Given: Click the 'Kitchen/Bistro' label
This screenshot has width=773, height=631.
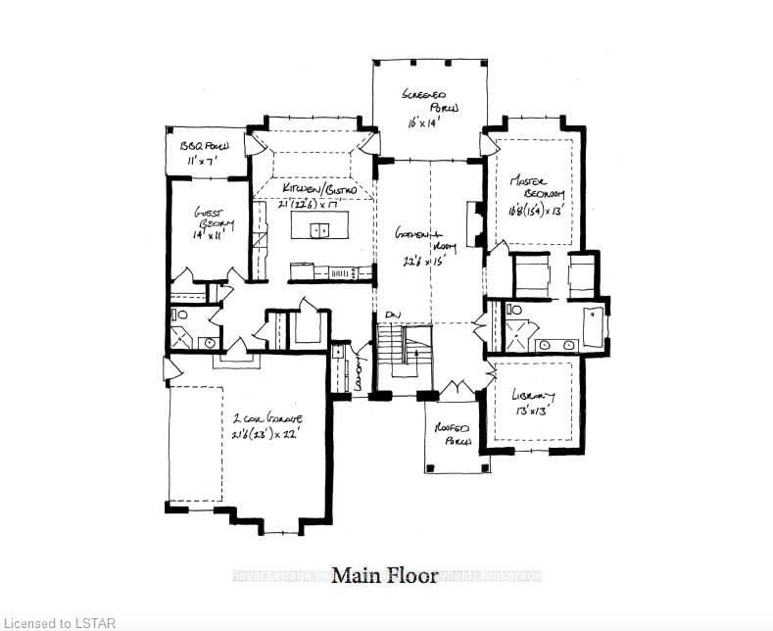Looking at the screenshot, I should [x=313, y=187].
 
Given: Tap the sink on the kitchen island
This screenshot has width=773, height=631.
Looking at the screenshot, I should [x=319, y=230].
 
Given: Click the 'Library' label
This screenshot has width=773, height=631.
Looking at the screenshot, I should [x=534, y=396].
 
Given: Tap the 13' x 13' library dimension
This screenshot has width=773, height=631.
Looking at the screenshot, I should [x=530, y=412].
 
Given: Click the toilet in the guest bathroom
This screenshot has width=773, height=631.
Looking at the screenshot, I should [x=180, y=315].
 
